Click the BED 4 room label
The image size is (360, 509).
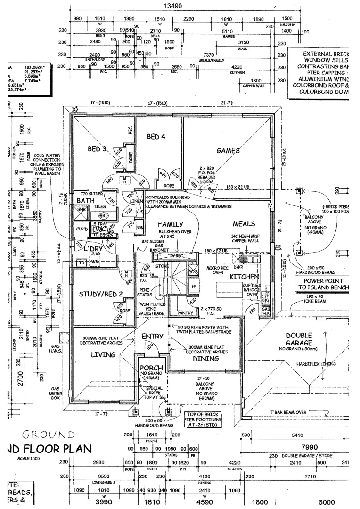pyautogui.click(x=156, y=137)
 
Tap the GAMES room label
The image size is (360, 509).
pyautogui.click(x=228, y=151)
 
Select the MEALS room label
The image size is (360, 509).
pyautogui.click(x=244, y=224)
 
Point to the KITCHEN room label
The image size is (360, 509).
pyautogui.click(x=244, y=277)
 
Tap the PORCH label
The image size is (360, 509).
pyautogui.click(x=152, y=368)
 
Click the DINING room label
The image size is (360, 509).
pyautogui.click(x=205, y=359)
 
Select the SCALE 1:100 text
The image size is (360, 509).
pyautogui.click(x=29, y=459)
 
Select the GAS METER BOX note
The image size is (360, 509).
pyautogui.click(x=56, y=393)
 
